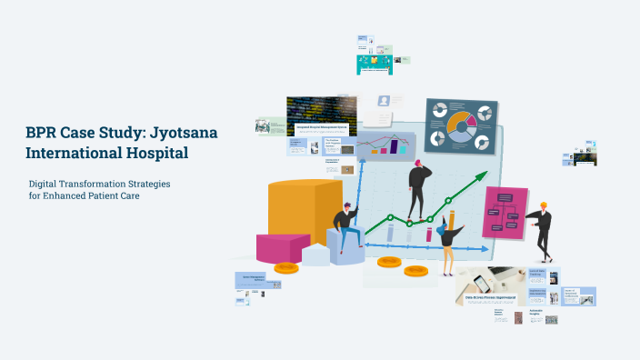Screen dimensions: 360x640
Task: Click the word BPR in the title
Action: (45, 133)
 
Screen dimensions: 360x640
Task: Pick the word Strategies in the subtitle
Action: (146, 184)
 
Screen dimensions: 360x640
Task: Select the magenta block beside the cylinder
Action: (283, 246)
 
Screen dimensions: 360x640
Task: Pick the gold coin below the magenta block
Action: (286, 268)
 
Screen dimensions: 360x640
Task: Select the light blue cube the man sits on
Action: (346, 247)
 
